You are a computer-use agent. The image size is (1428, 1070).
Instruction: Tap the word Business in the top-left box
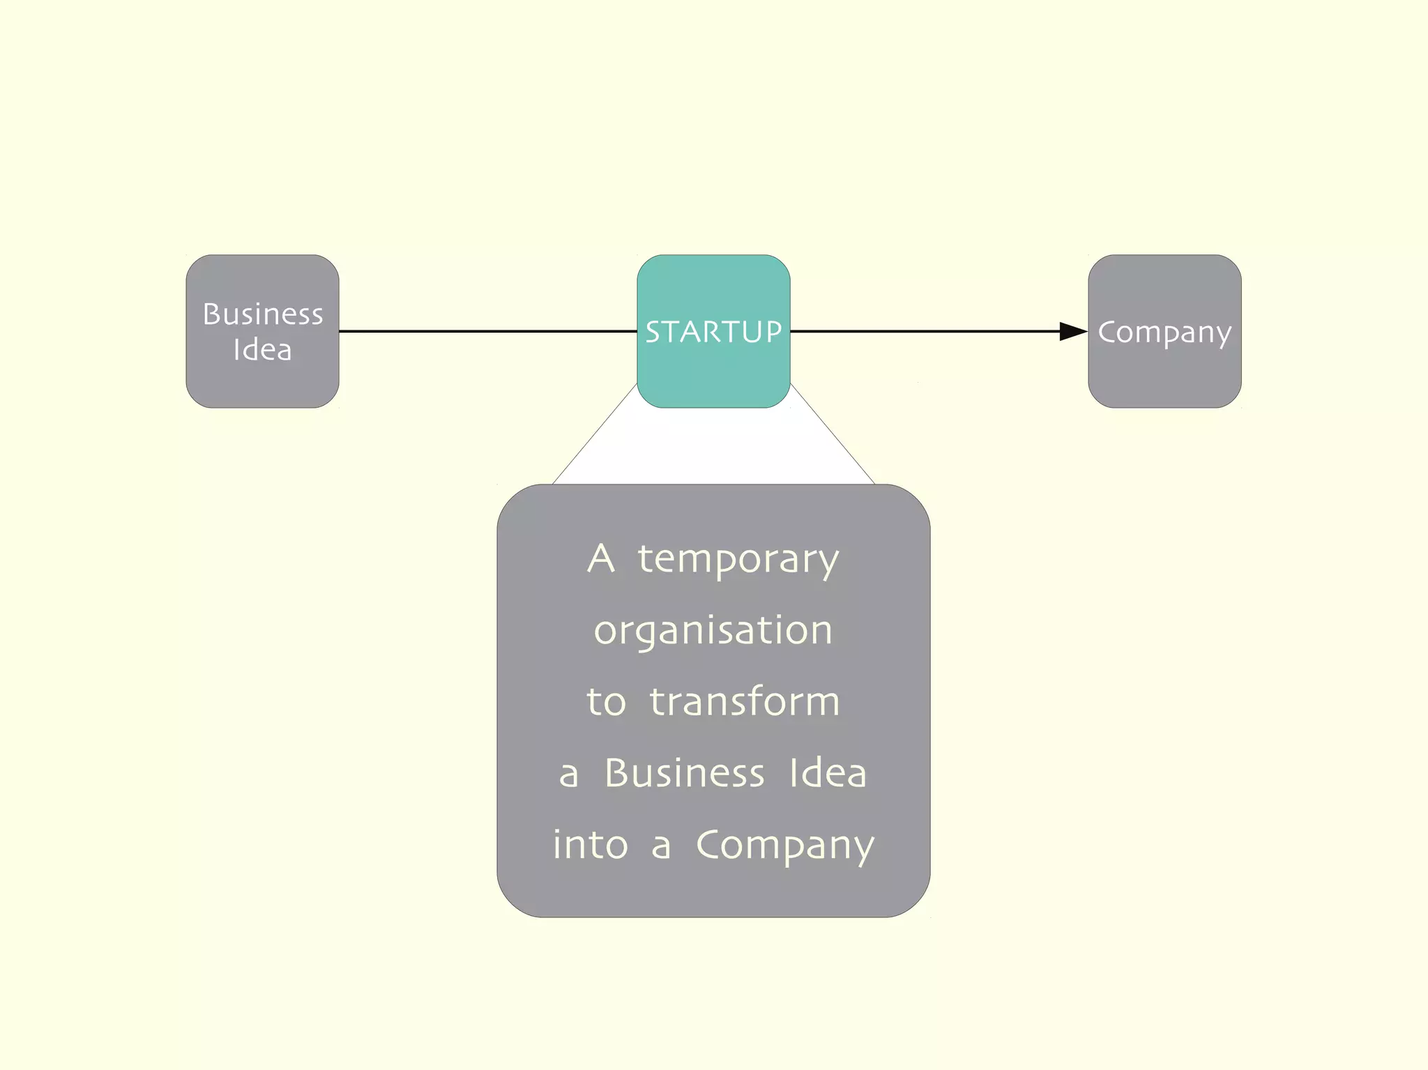coord(263,314)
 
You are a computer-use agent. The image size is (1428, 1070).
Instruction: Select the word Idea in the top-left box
coord(262,350)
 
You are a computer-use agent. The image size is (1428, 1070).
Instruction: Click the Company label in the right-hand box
coord(1164,333)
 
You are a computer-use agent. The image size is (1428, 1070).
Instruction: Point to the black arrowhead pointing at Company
coord(1072,331)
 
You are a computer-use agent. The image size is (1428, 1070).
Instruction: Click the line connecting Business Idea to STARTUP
coord(488,331)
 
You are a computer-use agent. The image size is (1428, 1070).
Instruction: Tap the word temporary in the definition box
coord(738,560)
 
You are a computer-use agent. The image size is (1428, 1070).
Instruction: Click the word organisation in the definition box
coord(713,631)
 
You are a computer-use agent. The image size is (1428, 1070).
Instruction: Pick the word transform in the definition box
coord(745,701)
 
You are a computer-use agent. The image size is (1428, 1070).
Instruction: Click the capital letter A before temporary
coord(601,558)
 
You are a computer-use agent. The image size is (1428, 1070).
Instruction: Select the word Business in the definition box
coord(685,773)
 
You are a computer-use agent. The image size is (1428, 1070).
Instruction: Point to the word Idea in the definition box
coord(828,773)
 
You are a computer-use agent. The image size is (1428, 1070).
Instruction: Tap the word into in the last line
coord(591,845)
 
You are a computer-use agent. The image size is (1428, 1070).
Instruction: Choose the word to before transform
coord(606,702)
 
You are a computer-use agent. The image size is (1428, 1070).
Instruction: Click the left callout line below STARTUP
coord(595,434)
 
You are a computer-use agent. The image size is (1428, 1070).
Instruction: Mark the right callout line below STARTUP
coord(833,434)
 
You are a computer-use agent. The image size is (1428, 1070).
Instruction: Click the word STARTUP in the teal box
coord(713,332)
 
